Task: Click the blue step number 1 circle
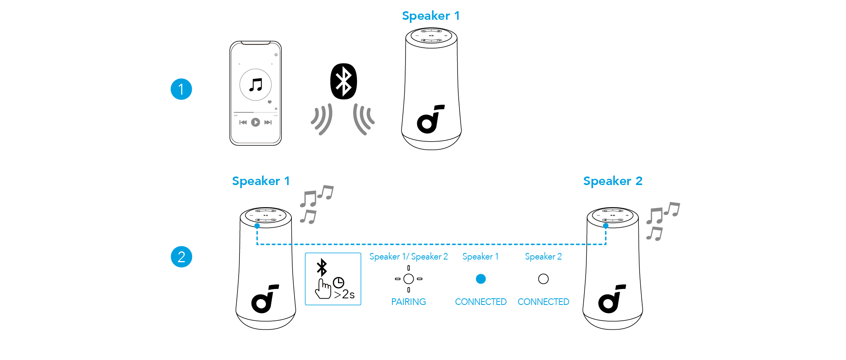(x=181, y=89)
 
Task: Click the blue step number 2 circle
(x=181, y=257)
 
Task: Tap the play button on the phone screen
(x=255, y=122)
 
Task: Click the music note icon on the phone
(x=255, y=85)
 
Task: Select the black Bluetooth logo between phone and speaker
(x=343, y=81)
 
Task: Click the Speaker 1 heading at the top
(x=431, y=16)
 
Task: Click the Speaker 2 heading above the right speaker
(x=613, y=181)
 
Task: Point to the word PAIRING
(x=408, y=302)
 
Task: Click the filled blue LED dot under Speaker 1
(x=481, y=279)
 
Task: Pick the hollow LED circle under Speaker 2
(x=543, y=279)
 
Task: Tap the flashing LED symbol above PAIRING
(x=409, y=279)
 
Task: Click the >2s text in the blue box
(x=344, y=294)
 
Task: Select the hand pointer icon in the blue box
(x=323, y=289)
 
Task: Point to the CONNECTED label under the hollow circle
(x=543, y=302)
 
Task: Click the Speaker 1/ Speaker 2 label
(x=408, y=256)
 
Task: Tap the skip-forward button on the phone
(x=268, y=122)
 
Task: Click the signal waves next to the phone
(x=322, y=119)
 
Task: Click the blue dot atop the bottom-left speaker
(x=257, y=226)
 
